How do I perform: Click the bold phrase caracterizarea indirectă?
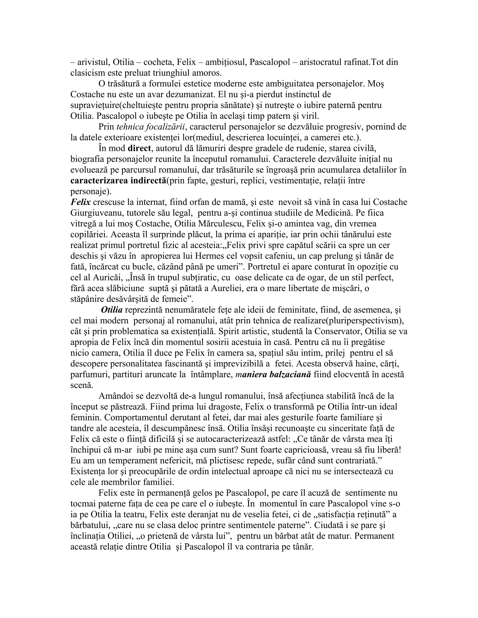118,181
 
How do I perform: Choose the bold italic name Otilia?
112,310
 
